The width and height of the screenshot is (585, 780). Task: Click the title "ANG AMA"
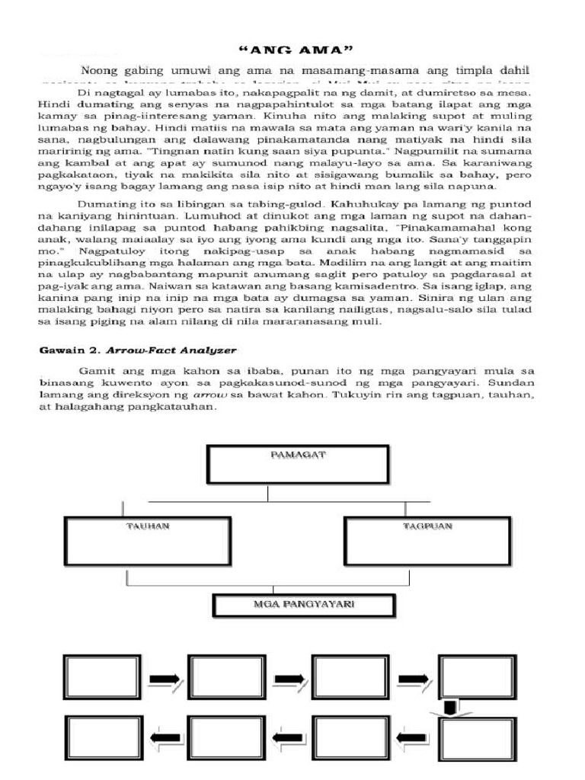pos(292,50)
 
